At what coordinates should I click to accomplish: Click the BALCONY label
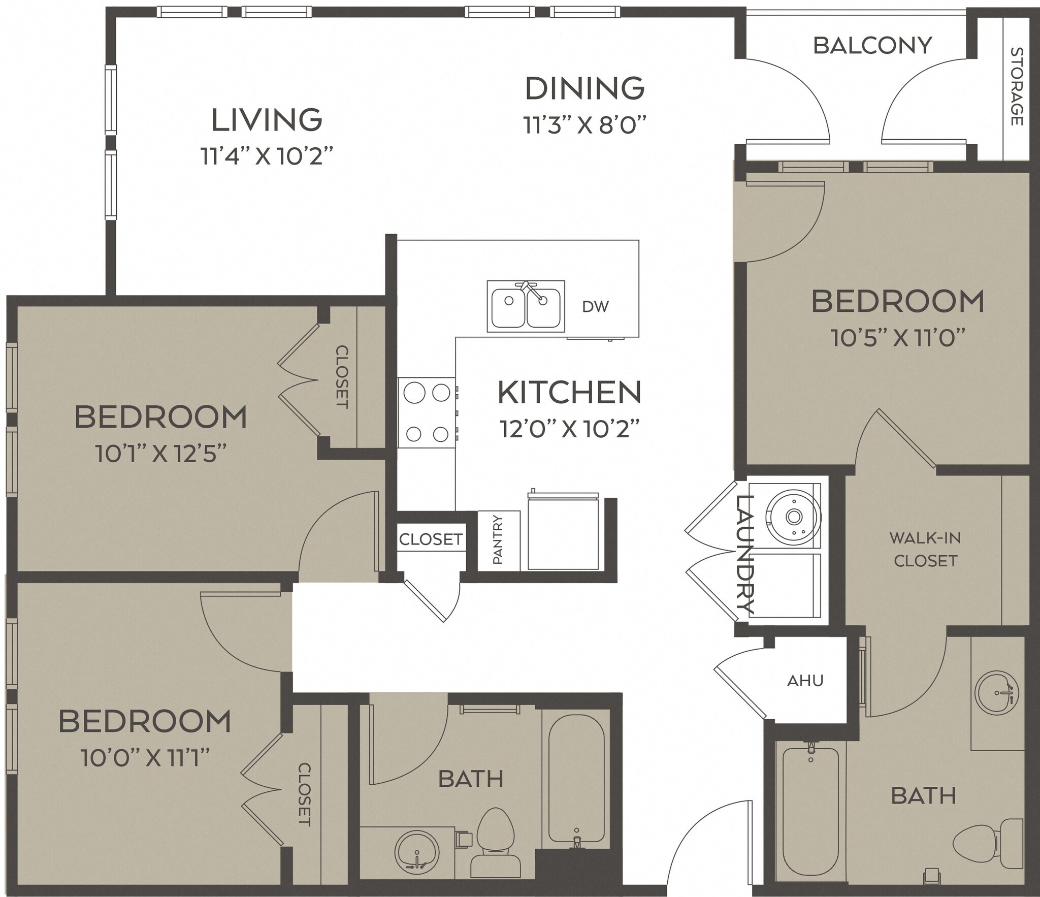point(872,46)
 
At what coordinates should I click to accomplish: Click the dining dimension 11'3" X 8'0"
point(585,125)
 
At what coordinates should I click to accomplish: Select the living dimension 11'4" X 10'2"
point(267,156)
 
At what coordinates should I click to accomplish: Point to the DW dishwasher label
point(595,306)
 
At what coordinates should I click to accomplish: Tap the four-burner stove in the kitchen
point(427,413)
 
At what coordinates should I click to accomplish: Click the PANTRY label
point(498,540)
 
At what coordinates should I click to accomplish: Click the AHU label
point(805,681)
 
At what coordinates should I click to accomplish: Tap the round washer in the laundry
point(793,517)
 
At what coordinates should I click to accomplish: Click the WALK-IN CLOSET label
point(925,549)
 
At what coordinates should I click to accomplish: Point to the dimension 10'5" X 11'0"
point(898,338)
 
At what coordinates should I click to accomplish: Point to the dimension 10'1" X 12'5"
point(160,454)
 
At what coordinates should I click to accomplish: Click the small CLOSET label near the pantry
point(431,539)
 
